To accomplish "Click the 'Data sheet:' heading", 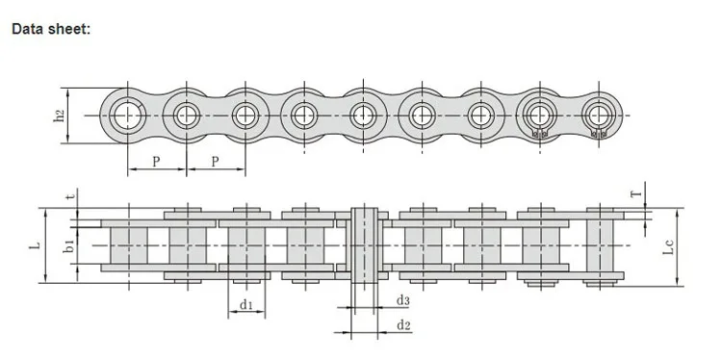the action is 51,29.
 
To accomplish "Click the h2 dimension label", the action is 59,116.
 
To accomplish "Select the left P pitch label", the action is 156,162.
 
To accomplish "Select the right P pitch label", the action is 215,162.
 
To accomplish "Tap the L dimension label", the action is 35,245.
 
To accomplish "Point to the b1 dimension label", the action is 69,245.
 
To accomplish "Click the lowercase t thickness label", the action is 70,196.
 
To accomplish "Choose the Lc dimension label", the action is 669,247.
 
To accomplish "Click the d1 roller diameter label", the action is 246,304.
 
